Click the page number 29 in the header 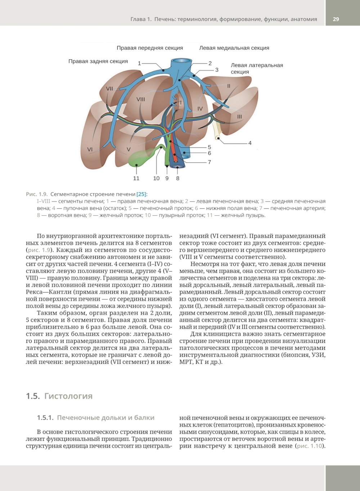[336, 19]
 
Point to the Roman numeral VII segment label [109, 89]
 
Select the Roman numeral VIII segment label [141, 99]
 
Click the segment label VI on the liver [90, 149]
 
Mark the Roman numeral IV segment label [200, 108]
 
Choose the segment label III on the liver [239, 117]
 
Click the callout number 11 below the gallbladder [136, 178]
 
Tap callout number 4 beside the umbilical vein [250, 143]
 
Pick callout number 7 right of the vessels [210, 162]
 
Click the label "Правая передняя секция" [150, 48]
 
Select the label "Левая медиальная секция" [234, 48]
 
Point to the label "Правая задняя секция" [98, 61]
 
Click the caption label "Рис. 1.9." [37, 194]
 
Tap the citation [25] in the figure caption [142, 194]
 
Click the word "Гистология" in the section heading [68, 396]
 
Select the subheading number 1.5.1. [45, 418]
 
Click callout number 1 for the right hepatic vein [139, 63]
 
